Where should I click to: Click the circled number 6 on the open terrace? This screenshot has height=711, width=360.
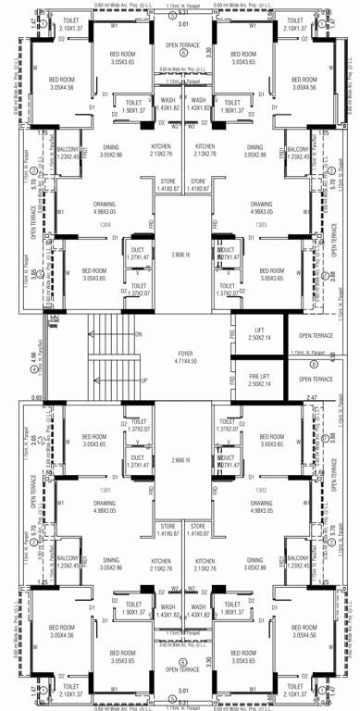tap(183, 54)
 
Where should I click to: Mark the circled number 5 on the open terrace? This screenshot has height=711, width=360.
tap(183, 661)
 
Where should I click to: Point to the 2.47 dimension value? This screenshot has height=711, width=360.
tap(312, 396)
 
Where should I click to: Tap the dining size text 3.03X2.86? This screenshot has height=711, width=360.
tap(254, 156)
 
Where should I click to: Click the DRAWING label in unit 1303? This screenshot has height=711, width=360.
tap(261, 204)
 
